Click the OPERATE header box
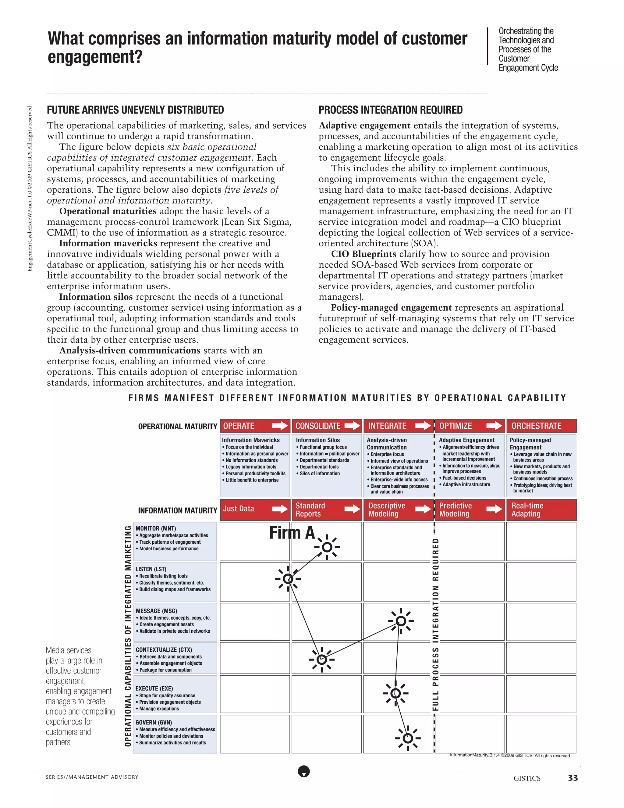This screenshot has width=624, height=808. (255, 426)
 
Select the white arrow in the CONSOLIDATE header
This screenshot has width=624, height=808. (352, 426)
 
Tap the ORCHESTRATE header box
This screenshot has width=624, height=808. (541, 426)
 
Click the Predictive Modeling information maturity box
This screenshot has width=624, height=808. (470, 510)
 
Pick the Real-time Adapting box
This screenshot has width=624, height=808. (541, 510)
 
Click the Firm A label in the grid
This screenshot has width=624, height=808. (292, 533)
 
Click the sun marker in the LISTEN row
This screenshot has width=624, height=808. (288, 579)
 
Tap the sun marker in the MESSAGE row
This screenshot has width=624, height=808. (401, 621)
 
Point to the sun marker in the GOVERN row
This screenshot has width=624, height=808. (407, 738)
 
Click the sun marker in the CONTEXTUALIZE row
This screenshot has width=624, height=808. (322, 660)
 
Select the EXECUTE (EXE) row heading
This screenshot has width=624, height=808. (154, 688)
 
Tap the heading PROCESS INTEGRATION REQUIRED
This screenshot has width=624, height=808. (390, 110)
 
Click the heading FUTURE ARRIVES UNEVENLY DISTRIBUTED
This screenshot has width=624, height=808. (135, 110)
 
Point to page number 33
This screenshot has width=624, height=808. (573, 778)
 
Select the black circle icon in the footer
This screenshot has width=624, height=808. (304, 772)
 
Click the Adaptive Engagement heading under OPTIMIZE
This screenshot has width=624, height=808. (466, 440)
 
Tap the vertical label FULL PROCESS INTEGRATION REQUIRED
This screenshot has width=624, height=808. (435, 625)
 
